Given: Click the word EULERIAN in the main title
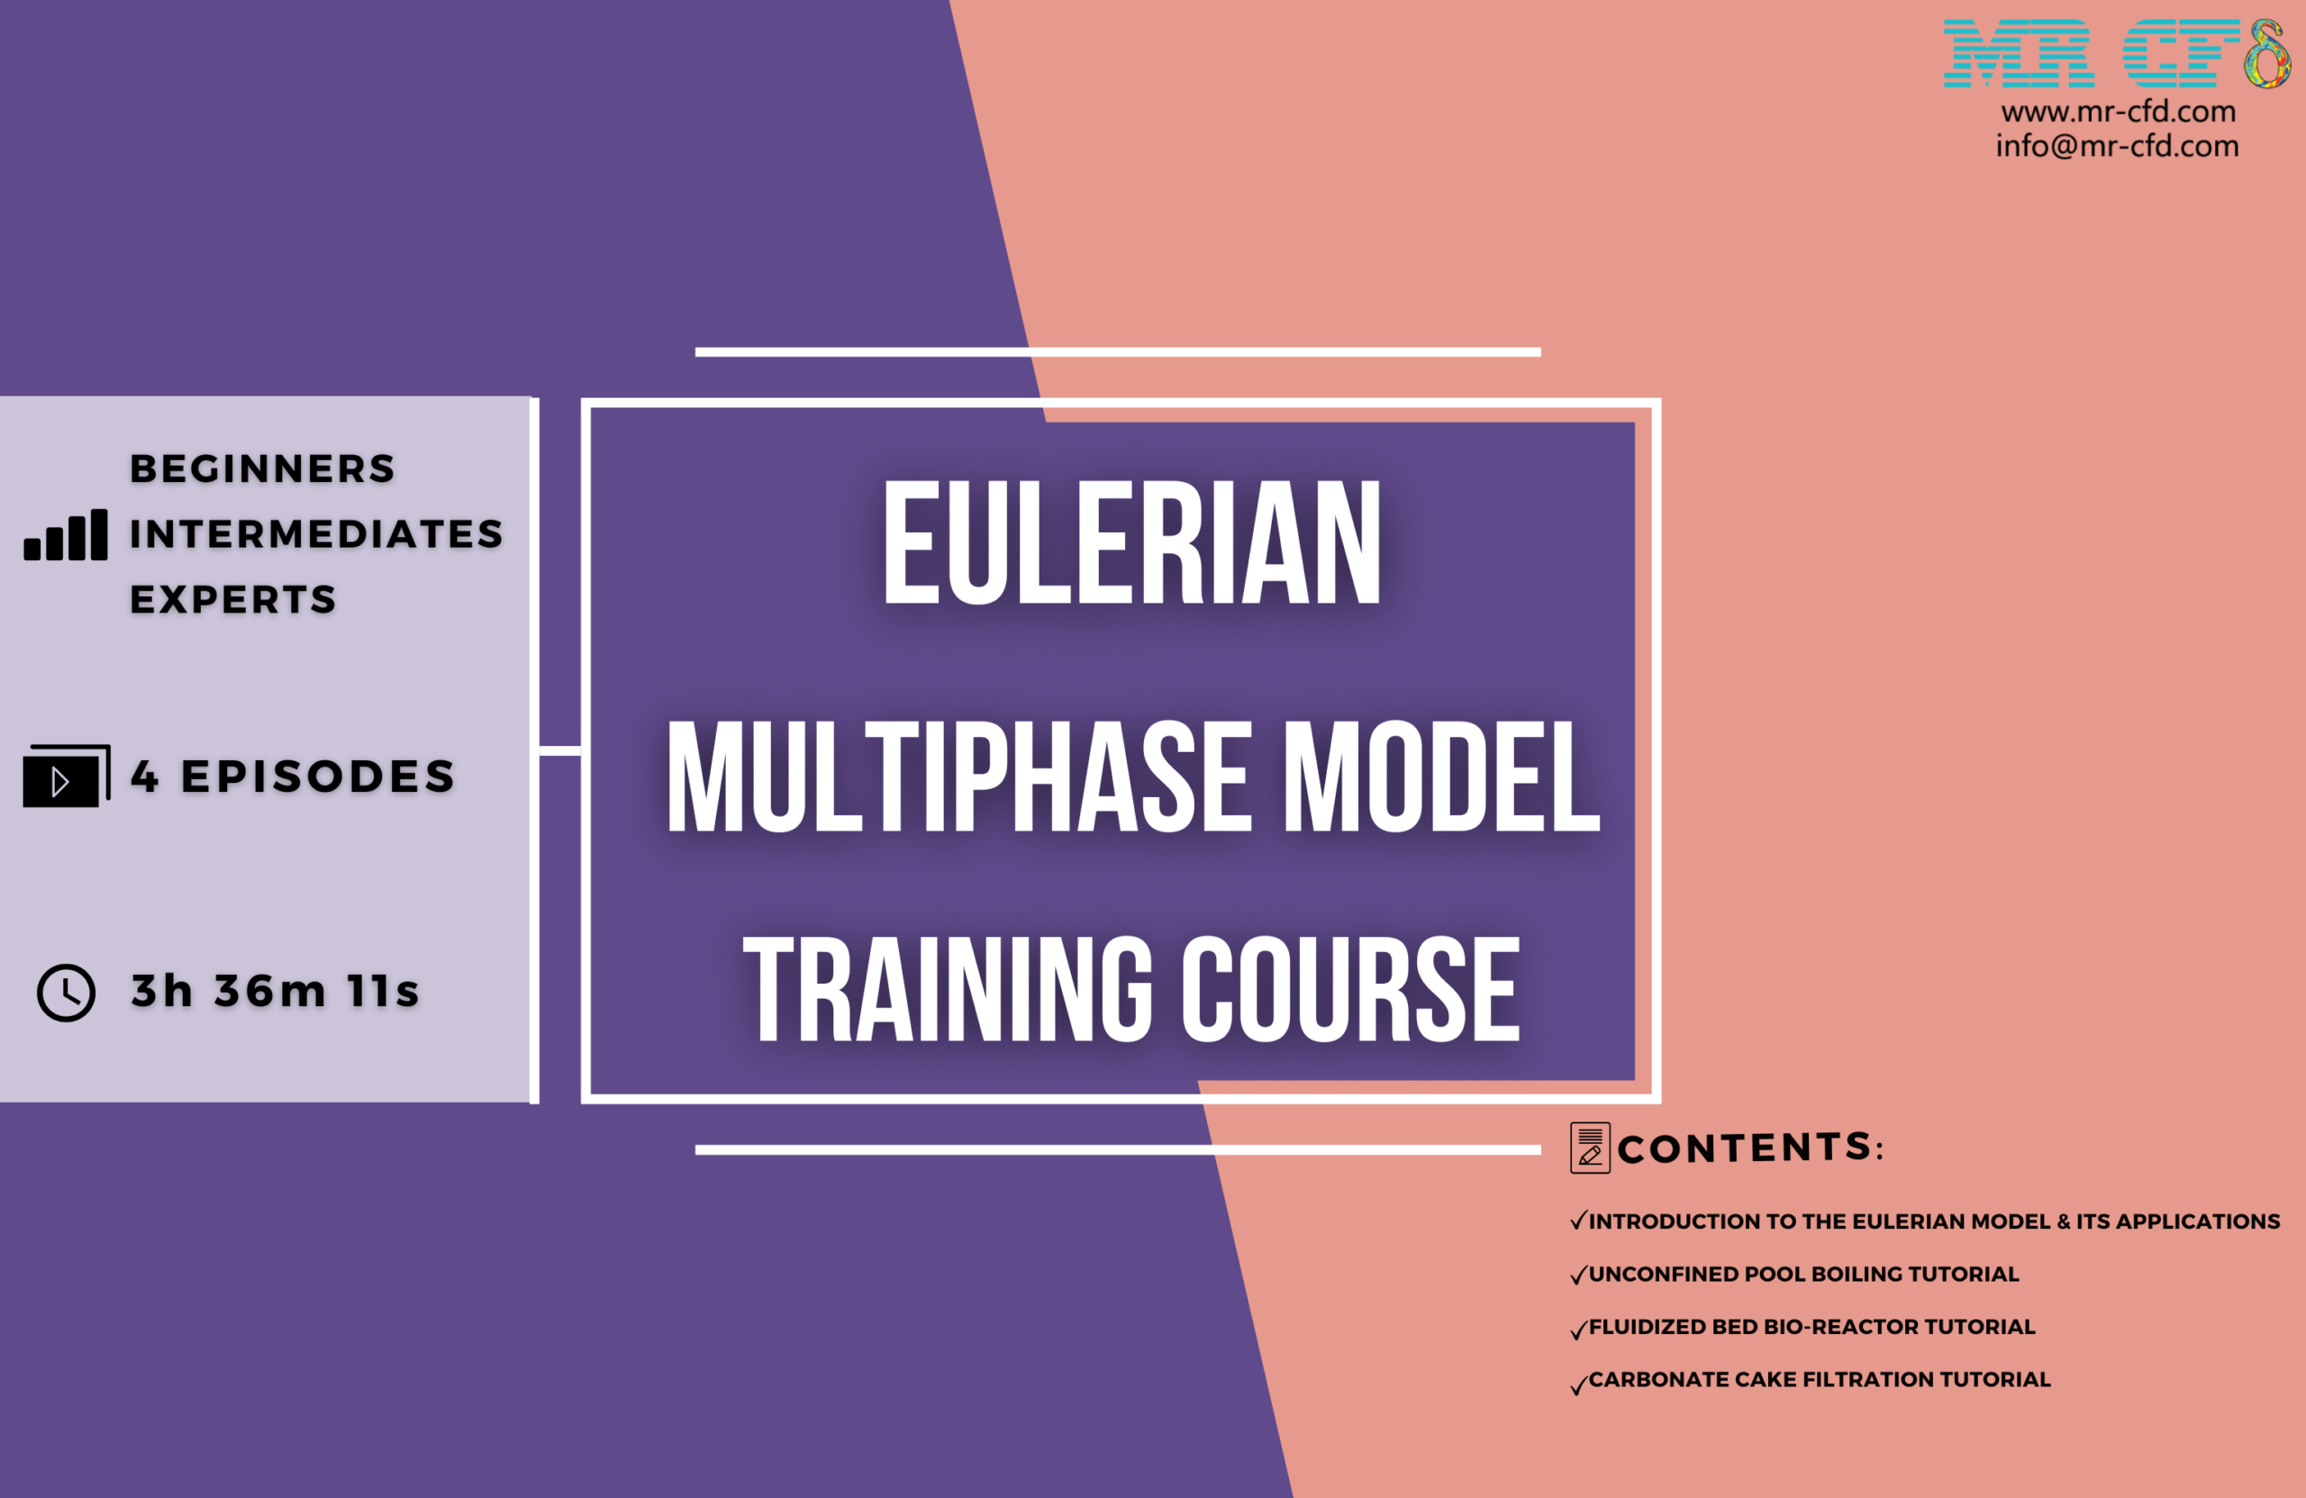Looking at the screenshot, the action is [x=1131, y=542].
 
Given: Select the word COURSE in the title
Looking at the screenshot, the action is [x=1349, y=989].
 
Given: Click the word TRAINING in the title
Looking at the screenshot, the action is [x=948, y=989].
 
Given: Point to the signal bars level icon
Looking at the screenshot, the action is [x=66, y=534].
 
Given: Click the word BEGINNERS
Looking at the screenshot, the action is [x=262, y=469].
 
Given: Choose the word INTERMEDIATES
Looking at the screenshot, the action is [x=317, y=534].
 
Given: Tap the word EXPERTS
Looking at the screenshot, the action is [x=233, y=600].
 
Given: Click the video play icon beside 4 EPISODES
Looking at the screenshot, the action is [x=66, y=776].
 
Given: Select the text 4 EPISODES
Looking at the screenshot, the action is [x=294, y=776].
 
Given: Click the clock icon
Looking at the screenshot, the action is [x=66, y=992].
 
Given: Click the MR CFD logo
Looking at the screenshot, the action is [x=2116, y=53].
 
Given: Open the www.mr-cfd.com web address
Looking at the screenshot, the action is [x=2118, y=112].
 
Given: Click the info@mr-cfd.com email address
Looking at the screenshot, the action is [x=2117, y=145].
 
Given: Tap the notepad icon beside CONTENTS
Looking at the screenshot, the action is [x=1590, y=1148].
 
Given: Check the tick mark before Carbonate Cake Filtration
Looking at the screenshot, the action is [x=1578, y=1384].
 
